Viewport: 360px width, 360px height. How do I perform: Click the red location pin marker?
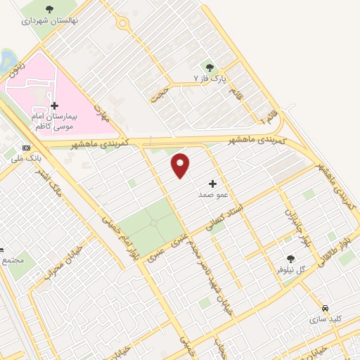181,165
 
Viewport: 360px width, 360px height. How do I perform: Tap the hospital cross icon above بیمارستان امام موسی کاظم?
56,105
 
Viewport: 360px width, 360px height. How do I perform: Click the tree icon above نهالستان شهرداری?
49,9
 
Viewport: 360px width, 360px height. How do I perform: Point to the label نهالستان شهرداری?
49,21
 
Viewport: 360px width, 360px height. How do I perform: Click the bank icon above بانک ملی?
27,148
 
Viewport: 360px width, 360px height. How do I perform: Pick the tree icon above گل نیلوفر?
290,259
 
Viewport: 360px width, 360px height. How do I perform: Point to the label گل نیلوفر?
290,270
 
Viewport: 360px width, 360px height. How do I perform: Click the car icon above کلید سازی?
325,309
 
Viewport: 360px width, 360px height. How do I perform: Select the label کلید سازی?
325,319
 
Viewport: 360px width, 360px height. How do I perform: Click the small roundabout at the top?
122,24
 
